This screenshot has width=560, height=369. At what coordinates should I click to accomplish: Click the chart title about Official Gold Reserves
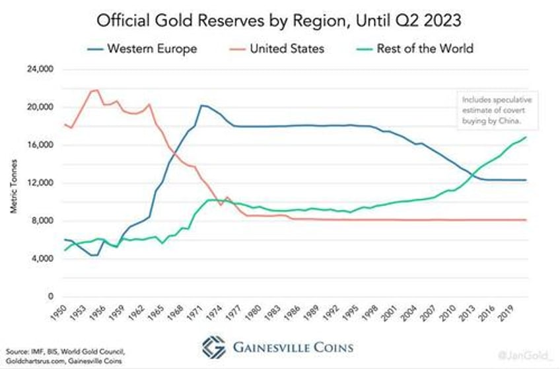280,21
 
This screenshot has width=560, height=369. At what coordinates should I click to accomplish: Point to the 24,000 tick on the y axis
40,69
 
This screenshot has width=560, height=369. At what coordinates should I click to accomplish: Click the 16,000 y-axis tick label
40,145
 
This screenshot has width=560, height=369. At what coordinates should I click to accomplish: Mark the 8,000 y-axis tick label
42,221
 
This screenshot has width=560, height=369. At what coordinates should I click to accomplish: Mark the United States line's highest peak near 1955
96,90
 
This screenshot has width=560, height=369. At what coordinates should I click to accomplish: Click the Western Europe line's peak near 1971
201,105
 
